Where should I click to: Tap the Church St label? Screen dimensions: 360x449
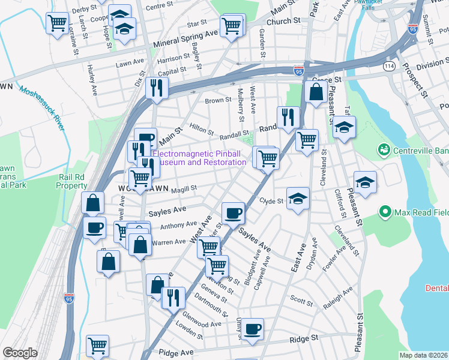click(x=283, y=21)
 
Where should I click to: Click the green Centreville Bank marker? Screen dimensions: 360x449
click(x=382, y=149)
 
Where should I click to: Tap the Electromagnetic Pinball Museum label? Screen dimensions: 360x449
click(x=199, y=158)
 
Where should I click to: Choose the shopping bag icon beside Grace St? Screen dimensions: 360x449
click(x=315, y=93)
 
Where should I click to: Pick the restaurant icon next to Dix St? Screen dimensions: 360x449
click(x=158, y=88)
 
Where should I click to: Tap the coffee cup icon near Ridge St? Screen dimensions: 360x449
click(x=253, y=329)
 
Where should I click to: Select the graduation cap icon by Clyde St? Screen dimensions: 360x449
click(x=298, y=199)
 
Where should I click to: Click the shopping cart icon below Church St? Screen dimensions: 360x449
click(x=232, y=26)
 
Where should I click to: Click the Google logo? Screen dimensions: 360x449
click(x=20, y=353)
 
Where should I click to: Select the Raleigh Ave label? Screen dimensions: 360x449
click(x=339, y=295)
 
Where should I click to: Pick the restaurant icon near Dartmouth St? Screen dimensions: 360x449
click(x=173, y=298)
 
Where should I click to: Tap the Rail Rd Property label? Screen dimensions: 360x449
click(x=72, y=181)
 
